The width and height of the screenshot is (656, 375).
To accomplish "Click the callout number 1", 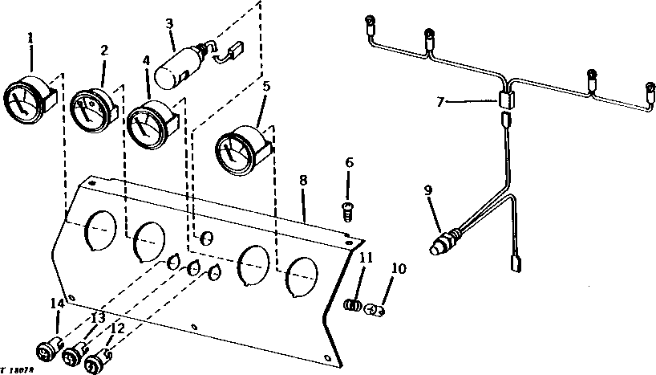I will [30, 37].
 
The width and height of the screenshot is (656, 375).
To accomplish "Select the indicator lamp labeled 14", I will [50, 350].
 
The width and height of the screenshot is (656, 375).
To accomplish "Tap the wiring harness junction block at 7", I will [506, 100].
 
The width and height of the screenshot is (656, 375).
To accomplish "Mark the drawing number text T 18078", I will [21, 367].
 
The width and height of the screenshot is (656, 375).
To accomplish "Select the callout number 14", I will [56, 304].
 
